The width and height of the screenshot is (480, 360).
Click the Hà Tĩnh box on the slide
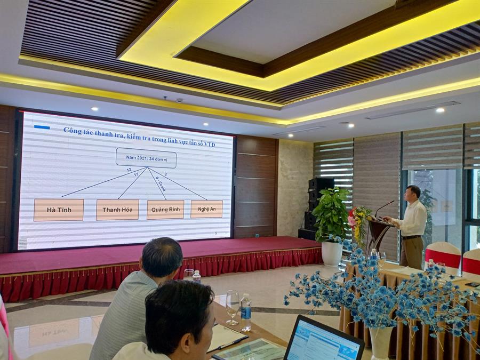coord(59,210)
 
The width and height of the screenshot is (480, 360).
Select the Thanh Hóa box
coord(117,210)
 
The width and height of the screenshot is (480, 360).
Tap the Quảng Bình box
coord(165,210)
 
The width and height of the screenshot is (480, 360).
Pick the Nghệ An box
coord(206,209)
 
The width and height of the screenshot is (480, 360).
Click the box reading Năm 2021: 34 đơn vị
coord(146,158)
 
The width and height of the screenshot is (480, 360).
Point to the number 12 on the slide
coord(129,170)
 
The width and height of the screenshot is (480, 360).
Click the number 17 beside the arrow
coord(136,174)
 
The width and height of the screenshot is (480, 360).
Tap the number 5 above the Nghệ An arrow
coord(166,174)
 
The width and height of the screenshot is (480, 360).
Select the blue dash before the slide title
coord(42,127)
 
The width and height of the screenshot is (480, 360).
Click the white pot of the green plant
coord(332,253)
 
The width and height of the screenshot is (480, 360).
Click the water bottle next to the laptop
coord(245,312)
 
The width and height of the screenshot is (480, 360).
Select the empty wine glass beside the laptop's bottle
coord(233,306)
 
